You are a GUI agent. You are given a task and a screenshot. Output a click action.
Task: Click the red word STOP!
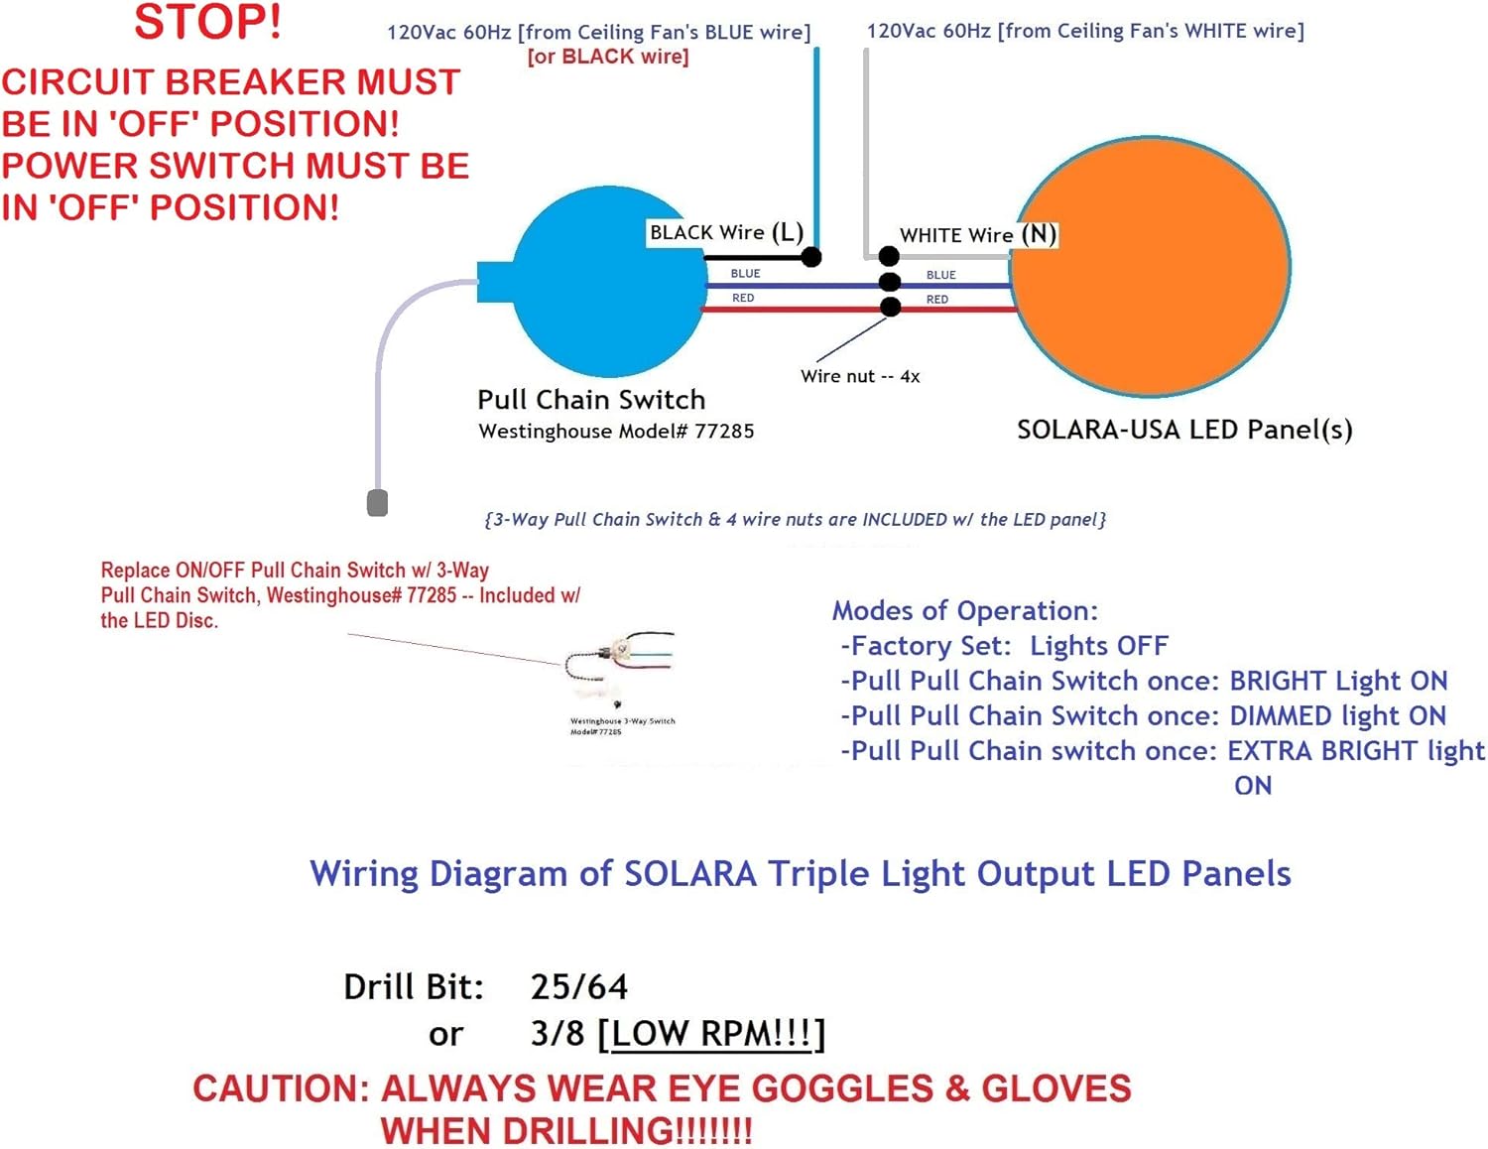pyautogui.click(x=207, y=23)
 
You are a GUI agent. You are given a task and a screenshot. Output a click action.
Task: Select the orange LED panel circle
pyautogui.click(x=1151, y=268)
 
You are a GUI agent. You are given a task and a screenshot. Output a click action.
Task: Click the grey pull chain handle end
pyautogui.click(x=377, y=503)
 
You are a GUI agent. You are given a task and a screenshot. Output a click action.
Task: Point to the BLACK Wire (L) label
pyautogui.click(x=725, y=233)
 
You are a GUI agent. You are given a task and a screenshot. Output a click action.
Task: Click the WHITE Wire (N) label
pyautogui.click(x=977, y=235)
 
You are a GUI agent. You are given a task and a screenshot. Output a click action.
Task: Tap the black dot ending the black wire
pyautogui.click(x=811, y=257)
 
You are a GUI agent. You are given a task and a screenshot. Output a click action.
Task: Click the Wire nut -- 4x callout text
pyautogui.click(x=860, y=377)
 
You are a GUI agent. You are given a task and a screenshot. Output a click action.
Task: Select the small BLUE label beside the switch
pyautogui.click(x=745, y=274)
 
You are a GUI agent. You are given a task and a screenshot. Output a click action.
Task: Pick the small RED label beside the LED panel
pyautogui.click(x=937, y=299)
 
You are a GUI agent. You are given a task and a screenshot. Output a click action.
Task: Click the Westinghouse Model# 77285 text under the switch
pyautogui.click(x=616, y=432)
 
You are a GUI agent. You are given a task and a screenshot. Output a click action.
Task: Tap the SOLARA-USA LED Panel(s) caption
pyautogui.click(x=1184, y=430)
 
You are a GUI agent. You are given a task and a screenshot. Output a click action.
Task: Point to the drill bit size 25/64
pyautogui.click(x=579, y=987)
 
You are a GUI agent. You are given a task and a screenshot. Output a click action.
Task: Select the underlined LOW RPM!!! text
pyautogui.click(x=712, y=1034)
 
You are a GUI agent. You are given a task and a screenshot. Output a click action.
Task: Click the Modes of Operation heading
pyautogui.click(x=964, y=610)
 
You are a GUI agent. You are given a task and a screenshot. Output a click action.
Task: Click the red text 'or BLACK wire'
pyautogui.click(x=608, y=57)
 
